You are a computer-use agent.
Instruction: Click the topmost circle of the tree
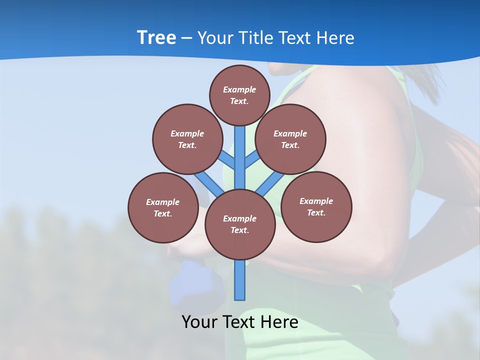(x=239, y=95)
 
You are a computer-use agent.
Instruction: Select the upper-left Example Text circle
(x=187, y=139)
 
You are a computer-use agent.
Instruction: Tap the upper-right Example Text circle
(x=290, y=139)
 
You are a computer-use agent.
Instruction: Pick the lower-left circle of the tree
(x=163, y=207)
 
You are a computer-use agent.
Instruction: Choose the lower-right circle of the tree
(x=316, y=206)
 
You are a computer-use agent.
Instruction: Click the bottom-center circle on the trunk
(x=240, y=224)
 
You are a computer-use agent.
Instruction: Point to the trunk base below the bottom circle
(x=240, y=280)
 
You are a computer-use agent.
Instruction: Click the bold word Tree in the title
(x=156, y=37)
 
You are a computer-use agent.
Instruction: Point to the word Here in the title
(x=335, y=37)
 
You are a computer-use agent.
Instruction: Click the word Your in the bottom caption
(x=200, y=321)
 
